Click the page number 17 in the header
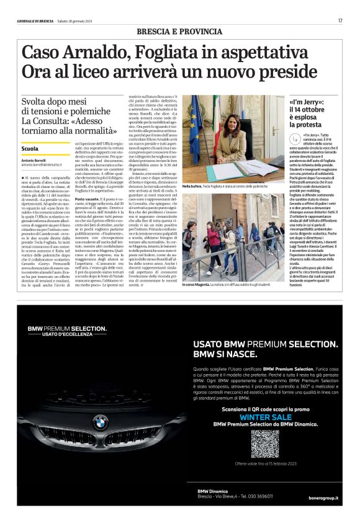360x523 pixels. (x=340, y=20)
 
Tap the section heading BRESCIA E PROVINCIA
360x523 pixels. (x=180, y=31)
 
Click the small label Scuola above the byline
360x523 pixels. (x=29, y=150)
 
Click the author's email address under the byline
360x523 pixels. (x=47, y=165)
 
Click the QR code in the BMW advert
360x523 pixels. (x=265, y=443)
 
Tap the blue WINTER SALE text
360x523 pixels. (x=266, y=416)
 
